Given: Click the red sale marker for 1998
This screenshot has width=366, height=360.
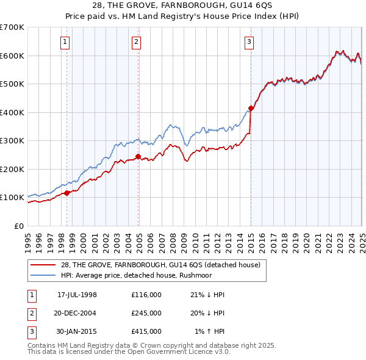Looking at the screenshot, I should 66,193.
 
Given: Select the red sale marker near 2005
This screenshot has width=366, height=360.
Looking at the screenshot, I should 138,156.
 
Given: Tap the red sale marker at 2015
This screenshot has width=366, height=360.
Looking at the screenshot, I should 251,109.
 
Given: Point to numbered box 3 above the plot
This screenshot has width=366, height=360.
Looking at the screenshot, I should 249,41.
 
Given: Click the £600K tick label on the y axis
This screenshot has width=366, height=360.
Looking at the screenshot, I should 12,56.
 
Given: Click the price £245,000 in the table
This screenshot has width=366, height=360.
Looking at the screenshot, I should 146,312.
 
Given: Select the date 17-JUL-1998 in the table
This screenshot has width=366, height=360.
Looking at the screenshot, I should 77,295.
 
